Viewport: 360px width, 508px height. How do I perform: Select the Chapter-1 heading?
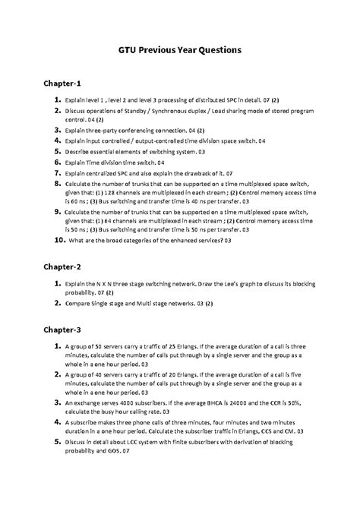(67, 83)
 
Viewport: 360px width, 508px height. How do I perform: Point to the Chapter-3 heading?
(67, 330)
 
